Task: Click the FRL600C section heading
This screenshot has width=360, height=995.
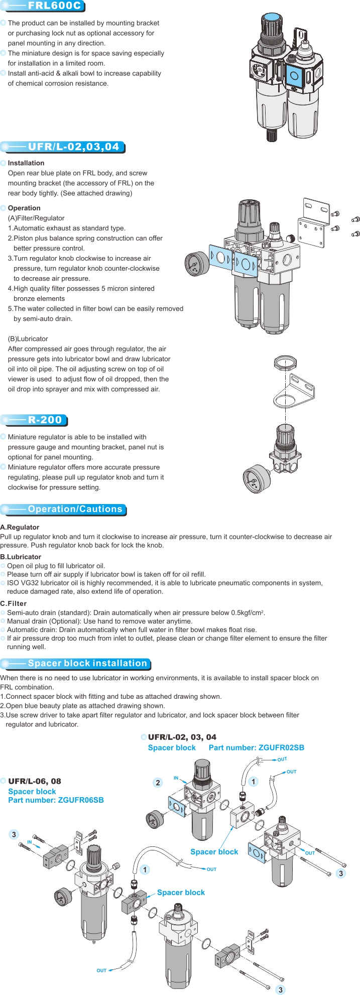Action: tap(54, 6)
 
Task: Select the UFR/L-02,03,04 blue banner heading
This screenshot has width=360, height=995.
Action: tap(73, 147)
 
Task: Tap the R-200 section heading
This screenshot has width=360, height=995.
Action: tap(45, 420)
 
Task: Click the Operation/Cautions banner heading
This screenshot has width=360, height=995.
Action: tap(75, 509)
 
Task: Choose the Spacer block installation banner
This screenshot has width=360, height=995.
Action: tap(87, 663)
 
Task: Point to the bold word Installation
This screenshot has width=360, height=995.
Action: tap(26, 163)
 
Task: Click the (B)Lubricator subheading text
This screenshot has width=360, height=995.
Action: tap(28, 339)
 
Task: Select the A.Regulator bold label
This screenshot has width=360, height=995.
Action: tap(20, 527)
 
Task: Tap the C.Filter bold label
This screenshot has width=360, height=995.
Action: tap(14, 603)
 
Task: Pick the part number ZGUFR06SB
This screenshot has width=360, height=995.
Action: tap(81, 800)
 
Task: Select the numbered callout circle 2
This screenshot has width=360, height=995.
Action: tap(158, 783)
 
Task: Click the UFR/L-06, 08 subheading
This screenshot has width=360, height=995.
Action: tap(35, 781)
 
